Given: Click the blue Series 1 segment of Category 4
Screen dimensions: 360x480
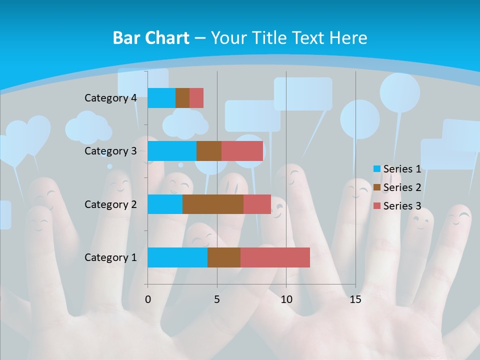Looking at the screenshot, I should click(x=161, y=98).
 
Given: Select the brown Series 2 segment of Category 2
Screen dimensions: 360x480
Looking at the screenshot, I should click(x=213, y=204).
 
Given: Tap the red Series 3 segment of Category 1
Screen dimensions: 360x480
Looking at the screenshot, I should click(x=275, y=257).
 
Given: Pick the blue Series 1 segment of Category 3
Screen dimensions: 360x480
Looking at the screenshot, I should click(x=172, y=151).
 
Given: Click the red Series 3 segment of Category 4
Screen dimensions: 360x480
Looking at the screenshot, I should click(x=196, y=98).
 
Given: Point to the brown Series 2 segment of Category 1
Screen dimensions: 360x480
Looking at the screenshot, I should click(x=224, y=257).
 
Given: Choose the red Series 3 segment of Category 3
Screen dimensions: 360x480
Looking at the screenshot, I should click(x=242, y=151).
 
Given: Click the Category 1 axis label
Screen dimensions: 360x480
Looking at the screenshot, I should click(x=110, y=257).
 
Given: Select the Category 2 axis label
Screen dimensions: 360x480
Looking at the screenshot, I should click(x=110, y=204).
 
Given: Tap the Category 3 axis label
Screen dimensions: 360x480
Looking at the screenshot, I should click(x=110, y=151).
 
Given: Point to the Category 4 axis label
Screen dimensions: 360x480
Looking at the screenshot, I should click(x=110, y=98).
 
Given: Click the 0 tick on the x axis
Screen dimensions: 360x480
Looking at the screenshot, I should click(x=148, y=299).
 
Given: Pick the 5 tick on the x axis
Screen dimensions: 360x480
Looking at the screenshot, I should click(x=217, y=299).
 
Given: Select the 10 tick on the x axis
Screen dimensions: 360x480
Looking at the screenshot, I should click(x=286, y=299).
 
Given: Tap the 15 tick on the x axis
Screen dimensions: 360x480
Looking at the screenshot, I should click(x=355, y=299).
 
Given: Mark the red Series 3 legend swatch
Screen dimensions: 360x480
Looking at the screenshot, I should click(x=377, y=206).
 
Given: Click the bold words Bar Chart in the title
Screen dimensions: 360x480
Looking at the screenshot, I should click(x=150, y=38).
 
